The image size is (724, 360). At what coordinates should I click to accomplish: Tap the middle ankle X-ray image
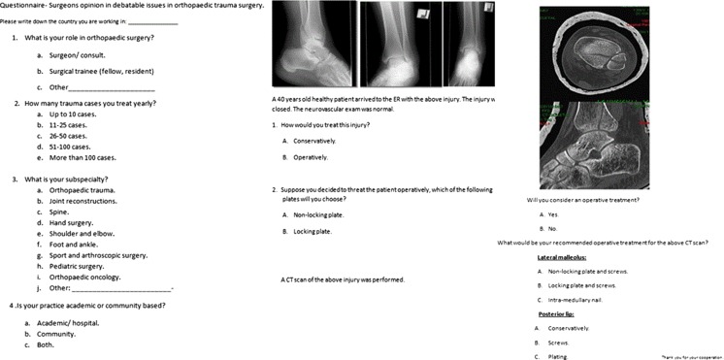(399, 45)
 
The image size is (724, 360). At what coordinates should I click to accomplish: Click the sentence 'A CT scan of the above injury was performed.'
(336, 279)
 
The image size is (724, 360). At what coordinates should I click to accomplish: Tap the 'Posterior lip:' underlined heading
(557, 314)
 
